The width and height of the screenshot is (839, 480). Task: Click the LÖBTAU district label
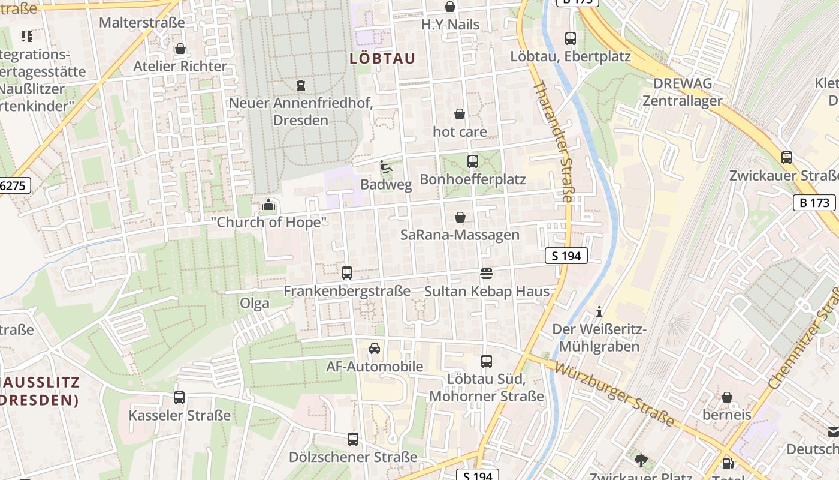[382, 58]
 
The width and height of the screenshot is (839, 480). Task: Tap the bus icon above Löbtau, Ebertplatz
[571, 38]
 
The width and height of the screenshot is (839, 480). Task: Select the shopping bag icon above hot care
[460, 114]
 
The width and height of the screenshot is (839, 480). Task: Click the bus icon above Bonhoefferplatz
[473, 161]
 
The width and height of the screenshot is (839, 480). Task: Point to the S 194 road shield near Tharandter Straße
[566, 256]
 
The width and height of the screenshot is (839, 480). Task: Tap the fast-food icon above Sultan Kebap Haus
[487, 274]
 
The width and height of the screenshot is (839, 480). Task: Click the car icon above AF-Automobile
[375, 349]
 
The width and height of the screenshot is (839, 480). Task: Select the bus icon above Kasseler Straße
[179, 397]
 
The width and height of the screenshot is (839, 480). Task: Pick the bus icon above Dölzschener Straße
[353, 439]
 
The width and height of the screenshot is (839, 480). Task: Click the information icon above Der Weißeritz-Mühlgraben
[599, 311]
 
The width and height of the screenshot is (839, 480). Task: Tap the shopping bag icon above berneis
[727, 397]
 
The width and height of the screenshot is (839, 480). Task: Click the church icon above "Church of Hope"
[268, 205]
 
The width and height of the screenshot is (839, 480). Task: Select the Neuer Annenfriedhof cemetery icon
[301, 85]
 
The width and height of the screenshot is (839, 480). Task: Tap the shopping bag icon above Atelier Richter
[180, 49]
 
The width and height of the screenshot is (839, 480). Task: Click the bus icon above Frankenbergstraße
[347, 273]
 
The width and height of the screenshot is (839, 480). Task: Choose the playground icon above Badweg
[386, 167]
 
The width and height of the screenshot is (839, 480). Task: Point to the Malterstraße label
[142, 23]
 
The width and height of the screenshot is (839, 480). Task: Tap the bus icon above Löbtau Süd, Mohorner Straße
[487, 361]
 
